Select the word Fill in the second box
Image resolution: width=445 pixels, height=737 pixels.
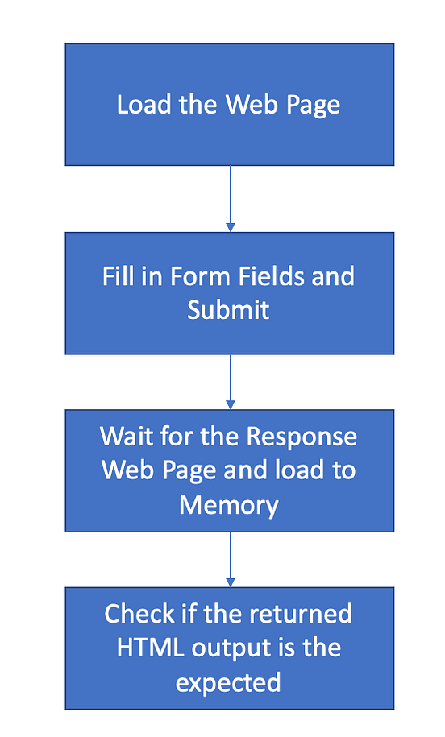[x=118, y=276]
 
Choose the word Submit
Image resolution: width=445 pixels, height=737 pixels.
[x=228, y=310]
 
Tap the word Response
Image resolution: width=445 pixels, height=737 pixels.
[x=301, y=437]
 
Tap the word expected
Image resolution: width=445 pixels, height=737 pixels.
[x=228, y=682]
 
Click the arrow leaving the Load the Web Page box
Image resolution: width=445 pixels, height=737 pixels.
[x=230, y=197]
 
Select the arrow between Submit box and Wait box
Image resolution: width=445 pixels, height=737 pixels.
[x=230, y=380]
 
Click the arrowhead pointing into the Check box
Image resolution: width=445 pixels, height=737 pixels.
[x=230, y=581]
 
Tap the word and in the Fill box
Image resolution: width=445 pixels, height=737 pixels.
[x=331, y=276]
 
